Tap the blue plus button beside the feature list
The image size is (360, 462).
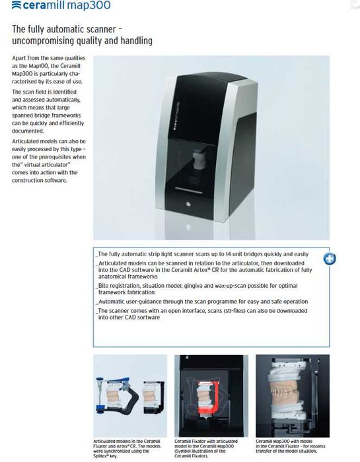329,258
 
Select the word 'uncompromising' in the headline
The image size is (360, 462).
44,41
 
